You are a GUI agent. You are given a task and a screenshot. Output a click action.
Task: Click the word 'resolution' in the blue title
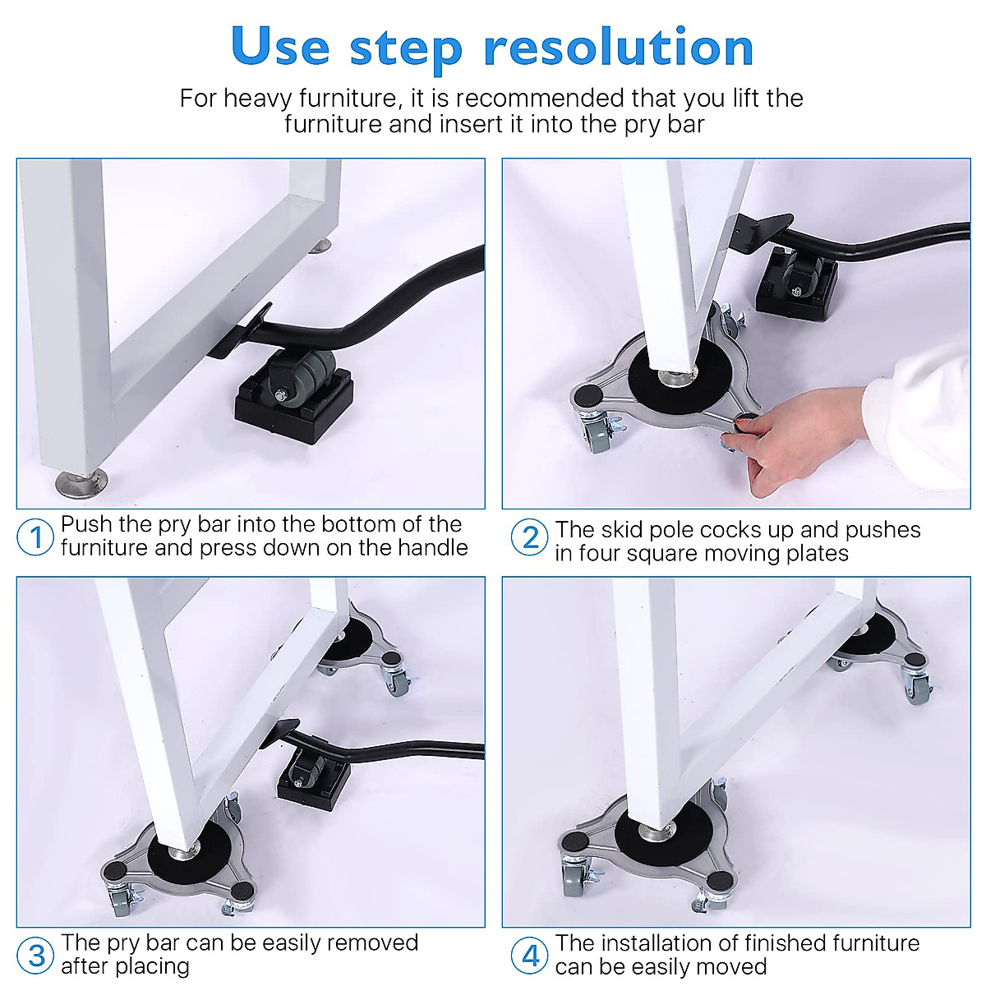[619, 48]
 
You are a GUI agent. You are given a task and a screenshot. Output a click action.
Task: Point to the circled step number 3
[35, 956]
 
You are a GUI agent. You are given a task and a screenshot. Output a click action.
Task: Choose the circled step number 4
[530, 956]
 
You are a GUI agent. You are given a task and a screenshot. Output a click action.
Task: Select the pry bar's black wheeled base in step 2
[795, 283]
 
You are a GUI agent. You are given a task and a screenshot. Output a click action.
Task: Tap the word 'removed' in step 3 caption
[371, 943]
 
